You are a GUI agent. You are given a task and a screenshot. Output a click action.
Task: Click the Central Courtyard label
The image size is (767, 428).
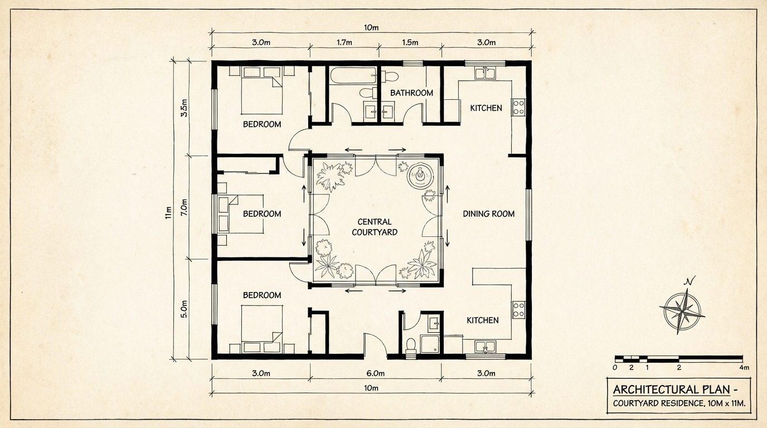[x=375, y=227]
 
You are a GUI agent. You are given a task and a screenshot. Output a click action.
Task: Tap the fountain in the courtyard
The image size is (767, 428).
[x=420, y=176]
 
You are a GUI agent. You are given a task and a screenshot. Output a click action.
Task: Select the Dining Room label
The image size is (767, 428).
[x=489, y=214]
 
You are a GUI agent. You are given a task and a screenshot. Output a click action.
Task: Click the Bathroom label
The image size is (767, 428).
[x=411, y=93]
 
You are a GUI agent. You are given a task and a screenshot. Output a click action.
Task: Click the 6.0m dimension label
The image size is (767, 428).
[x=375, y=373]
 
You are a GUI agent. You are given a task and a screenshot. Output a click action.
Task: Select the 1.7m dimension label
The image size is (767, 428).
[x=344, y=42]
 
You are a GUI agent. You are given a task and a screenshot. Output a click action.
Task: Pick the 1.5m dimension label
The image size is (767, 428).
[x=410, y=42]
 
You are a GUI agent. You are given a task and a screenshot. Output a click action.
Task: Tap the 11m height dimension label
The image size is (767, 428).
[x=168, y=213]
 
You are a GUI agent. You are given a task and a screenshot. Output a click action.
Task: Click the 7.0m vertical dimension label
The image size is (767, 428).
[x=184, y=207]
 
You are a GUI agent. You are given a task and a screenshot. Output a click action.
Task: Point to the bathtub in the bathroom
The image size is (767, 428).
[x=353, y=75]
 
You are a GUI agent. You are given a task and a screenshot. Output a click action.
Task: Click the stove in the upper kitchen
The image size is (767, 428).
[x=518, y=107]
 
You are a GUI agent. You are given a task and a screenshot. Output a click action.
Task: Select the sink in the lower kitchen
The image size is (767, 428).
[x=485, y=347]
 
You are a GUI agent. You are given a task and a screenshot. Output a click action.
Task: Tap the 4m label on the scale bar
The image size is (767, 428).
[x=744, y=368]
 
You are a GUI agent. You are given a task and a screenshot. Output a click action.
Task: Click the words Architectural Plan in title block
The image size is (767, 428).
[x=671, y=390]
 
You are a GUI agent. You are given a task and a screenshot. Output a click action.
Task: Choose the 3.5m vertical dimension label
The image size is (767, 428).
[x=184, y=108]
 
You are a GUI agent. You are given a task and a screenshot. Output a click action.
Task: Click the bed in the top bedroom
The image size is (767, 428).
[x=262, y=90]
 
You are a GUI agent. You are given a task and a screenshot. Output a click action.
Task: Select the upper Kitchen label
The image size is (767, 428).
[x=486, y=108]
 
